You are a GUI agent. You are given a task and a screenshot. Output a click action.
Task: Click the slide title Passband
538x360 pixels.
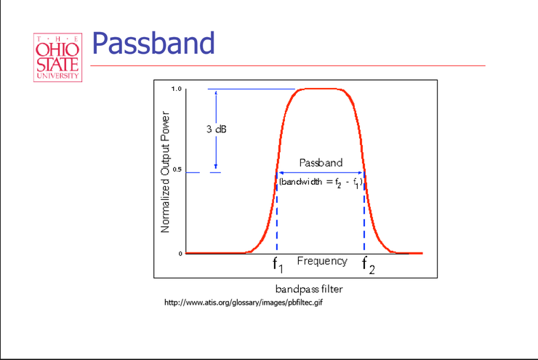coord(153,43)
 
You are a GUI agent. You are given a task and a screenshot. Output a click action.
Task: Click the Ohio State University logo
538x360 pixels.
coord(57,57)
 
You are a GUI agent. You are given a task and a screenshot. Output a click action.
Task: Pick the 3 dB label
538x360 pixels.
coord(216,129)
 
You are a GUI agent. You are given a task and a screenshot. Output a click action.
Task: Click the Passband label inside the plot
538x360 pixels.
coord(321,163)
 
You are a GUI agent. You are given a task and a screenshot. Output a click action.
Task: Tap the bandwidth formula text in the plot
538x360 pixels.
coord(321,180)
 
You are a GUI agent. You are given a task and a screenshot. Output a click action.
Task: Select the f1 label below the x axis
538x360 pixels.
coord(277,264)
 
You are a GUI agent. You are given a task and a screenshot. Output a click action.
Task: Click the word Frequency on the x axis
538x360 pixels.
coord(321,260)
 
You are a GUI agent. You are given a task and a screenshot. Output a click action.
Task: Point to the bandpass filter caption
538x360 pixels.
coord(308,289)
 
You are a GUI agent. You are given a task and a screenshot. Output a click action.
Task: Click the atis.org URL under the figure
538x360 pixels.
coord(244,303)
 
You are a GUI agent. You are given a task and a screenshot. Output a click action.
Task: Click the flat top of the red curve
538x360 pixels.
coord(321,89)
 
